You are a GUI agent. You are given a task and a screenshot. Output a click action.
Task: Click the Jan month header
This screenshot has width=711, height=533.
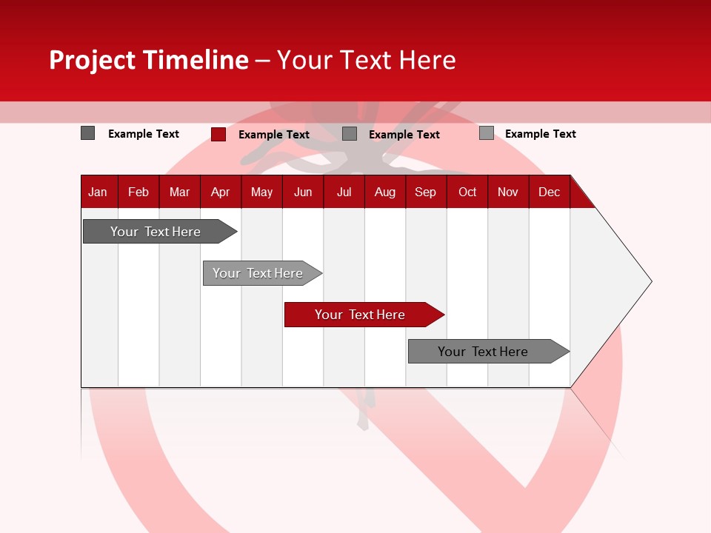(99, 192)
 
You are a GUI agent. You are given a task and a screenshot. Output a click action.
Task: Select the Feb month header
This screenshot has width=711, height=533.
(138, 192)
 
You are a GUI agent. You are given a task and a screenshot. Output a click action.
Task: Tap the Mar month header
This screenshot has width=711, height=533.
(179, 192)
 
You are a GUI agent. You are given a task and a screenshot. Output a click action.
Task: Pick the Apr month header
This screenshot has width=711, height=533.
(221, 192)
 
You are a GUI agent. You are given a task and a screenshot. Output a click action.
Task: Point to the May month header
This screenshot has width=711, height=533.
(261, 192)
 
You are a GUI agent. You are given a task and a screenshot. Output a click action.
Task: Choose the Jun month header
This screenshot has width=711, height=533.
(303, 192)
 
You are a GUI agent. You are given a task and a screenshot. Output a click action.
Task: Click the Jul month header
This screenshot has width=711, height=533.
(344, 192)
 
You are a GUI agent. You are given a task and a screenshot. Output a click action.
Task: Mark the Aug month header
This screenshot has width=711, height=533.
(385, 192)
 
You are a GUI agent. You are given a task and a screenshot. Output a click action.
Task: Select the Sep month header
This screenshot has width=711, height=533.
(426, 192)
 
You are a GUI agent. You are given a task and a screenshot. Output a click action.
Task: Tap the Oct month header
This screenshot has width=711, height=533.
(467, 192)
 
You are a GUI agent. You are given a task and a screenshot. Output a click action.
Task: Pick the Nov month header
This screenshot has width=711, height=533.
(508, 192)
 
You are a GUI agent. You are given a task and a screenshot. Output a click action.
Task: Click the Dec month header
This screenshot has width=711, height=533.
(550, 192)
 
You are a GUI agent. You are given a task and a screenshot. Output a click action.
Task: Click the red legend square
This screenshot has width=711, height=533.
(218, 134)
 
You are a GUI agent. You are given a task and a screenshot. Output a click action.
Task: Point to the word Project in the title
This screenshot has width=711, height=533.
(93, 60)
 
